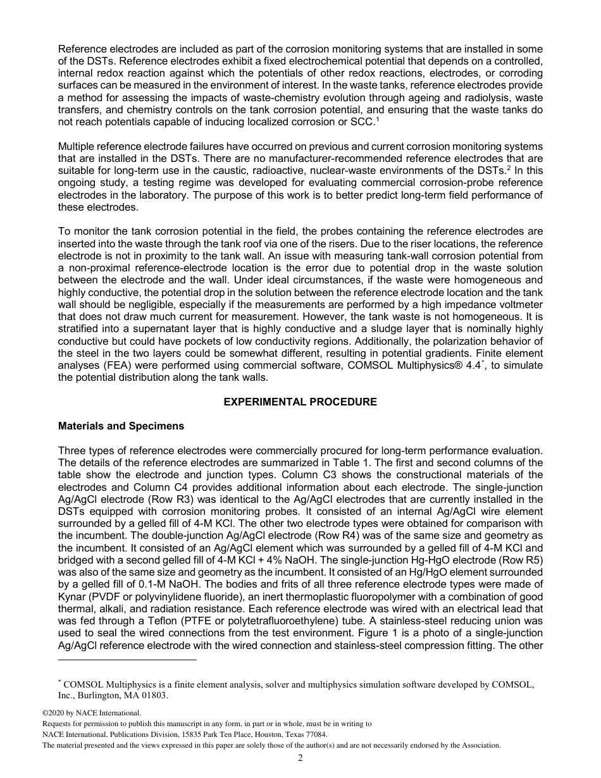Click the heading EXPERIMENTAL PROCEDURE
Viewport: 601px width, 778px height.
300,402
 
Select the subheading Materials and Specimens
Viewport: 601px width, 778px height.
121,426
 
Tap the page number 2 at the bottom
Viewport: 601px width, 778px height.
300,758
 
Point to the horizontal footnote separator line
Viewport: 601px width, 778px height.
127,660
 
